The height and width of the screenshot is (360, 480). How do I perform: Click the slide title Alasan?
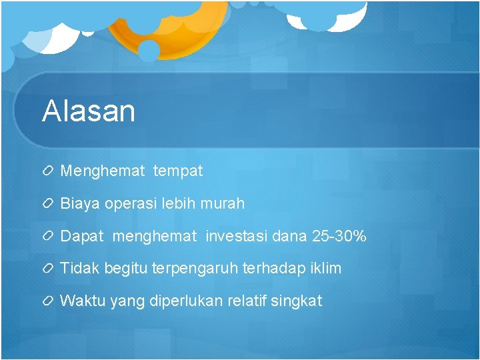pyautogui.click(x=89, y=111)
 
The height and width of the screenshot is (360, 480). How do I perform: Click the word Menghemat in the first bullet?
pyautogui.click(x=102, y=171)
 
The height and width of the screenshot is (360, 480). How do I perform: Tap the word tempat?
pyautogui.click(x=177, y=171)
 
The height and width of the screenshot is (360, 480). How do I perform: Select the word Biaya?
pyautogui.click(x=80, y=203)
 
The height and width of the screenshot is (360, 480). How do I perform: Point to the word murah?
pyautogui.click(x=223, y=203)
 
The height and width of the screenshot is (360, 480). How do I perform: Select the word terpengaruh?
pyautogui.click(x=191, y=269)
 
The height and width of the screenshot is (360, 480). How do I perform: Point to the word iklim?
pyautogui.click(x=325, y=269)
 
